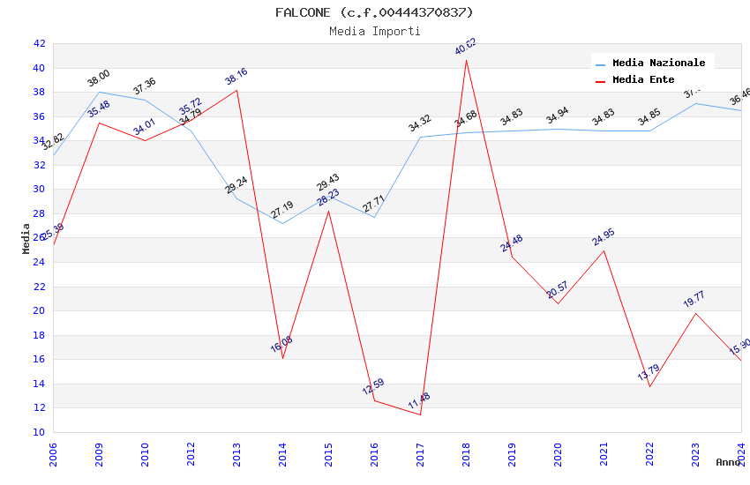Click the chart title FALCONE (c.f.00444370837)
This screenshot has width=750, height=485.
click(x=374, y=12)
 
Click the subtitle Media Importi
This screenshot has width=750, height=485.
click(x=374, y=31)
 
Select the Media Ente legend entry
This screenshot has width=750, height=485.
click(x=643, y=80)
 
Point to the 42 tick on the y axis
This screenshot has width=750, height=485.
click(x=39, y=43)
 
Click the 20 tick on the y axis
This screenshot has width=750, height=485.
click(x=39, y=310)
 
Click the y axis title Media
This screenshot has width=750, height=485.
click(x=26, y=238)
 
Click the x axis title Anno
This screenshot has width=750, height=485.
click(x=728, y=462)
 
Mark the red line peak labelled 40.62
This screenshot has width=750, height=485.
click(x=466, y=59)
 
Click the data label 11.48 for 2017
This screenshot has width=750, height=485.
click(x=419, y=402)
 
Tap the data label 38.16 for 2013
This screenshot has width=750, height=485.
click(x=236, y=77)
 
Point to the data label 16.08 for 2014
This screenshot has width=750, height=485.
click(x=281, y=344)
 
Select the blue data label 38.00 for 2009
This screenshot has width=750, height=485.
click(x=98, y=78)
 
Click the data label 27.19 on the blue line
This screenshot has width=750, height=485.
click(x=281, y=210)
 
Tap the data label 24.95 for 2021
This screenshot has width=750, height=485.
click(x=604, y=237)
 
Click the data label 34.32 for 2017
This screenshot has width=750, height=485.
click(x=419, y=124)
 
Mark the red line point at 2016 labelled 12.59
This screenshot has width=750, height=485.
click(x=374, y=400)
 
